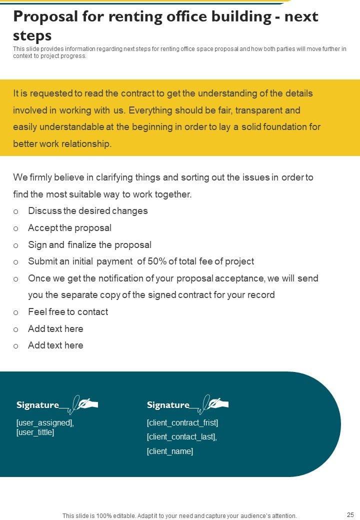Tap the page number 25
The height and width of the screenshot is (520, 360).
350,514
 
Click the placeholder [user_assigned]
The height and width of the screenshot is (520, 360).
45,423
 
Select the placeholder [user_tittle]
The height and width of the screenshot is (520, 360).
35,432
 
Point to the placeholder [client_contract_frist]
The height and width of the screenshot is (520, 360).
182,423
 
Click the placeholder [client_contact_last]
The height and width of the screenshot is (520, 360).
181,437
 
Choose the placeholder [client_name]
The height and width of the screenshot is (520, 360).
170,451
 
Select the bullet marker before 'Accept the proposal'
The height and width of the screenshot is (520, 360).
16,228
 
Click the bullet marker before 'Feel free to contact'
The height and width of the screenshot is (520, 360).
16,312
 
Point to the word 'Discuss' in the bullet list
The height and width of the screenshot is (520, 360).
44,211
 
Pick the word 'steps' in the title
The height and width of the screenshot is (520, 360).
32,35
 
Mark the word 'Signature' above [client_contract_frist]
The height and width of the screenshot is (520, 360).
168,405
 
